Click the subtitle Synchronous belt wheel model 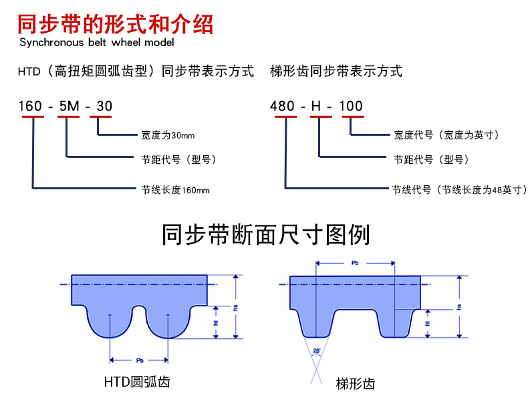96,43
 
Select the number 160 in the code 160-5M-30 31,106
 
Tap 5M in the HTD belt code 68,106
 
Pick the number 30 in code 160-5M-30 104,106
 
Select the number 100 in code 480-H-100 352,106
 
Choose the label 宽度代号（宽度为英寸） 446,136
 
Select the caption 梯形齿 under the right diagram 355,383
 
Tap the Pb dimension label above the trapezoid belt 355,264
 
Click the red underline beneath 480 285,117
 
